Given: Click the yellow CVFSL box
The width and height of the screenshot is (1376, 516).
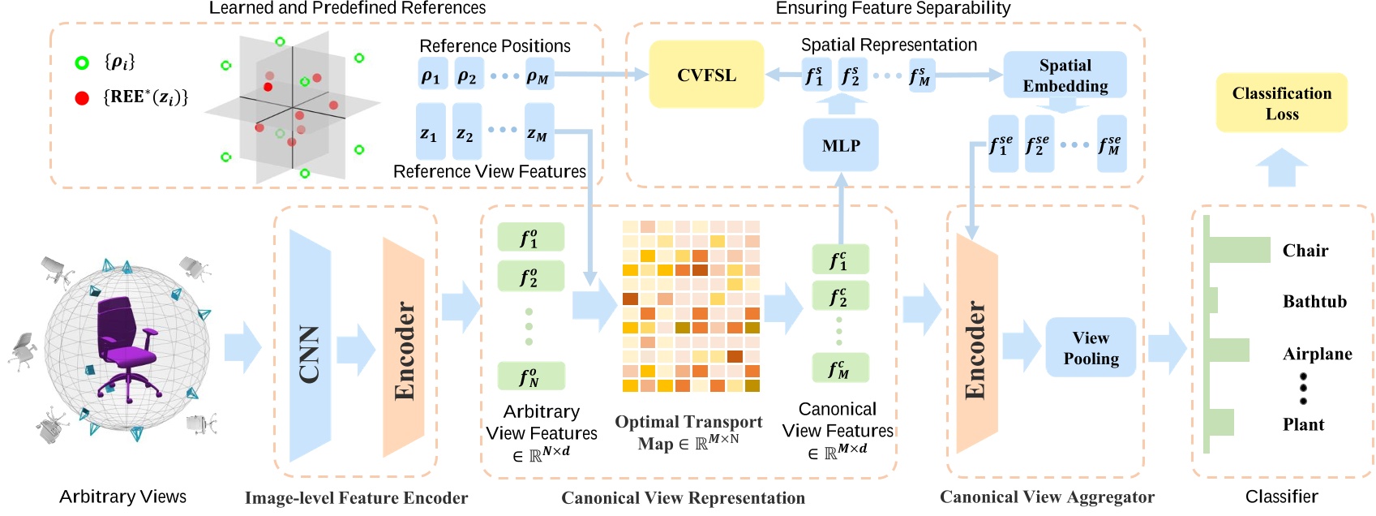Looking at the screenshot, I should pos(706,75).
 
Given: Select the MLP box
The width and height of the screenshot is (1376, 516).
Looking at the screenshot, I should pos(841,146).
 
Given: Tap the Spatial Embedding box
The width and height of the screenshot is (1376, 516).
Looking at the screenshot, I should pos(1065,75).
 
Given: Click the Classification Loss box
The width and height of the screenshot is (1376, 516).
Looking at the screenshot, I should pos(1281,103).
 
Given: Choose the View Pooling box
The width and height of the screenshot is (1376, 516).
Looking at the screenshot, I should pos(1091,348).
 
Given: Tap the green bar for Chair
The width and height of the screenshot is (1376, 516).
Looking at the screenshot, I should pos(1238,250).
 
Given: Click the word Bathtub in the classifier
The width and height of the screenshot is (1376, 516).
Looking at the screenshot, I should pos(1314,302).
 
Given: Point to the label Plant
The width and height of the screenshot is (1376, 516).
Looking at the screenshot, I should pos(1303,425).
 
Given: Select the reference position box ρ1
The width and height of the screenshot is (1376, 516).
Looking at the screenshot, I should pos(431,75).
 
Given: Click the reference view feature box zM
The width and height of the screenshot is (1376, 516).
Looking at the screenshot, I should pos(538,132).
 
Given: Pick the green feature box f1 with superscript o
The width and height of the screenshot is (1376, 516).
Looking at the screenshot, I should pos(530,239).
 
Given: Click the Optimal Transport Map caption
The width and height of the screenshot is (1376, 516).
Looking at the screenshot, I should pos(688,432).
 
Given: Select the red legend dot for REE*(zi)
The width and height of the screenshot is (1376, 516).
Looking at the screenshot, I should pos(82,98).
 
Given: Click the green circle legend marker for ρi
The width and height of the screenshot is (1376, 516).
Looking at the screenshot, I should pos(82,62).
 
